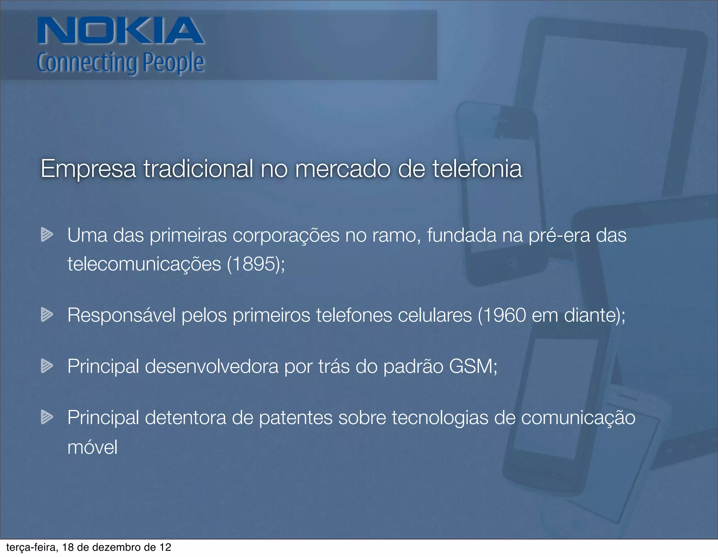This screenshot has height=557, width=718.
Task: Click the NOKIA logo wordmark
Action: point(120,31)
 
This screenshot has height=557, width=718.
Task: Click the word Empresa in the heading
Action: point(88,169)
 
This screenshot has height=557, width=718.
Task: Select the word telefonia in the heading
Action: point(477,169)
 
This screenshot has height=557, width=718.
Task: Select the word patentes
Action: point(296,418)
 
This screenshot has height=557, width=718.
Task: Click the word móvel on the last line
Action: point(92,447)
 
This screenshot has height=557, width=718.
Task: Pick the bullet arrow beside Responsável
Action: point(47,314)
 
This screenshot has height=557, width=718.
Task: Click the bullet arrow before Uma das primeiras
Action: point(47,234)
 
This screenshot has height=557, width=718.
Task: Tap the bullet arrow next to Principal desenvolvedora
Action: point(47,366)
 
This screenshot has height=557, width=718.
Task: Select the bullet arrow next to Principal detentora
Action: point(47,417)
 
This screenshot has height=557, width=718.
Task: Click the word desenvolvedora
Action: point(211,366)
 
